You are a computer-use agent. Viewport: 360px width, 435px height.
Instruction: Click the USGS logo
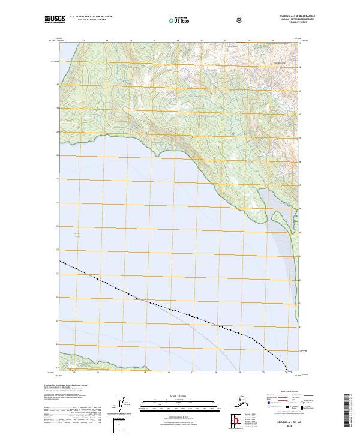click(54, 20)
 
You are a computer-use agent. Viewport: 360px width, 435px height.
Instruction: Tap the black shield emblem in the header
click(240, 20)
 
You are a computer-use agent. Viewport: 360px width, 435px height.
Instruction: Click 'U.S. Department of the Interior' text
click(90, 17)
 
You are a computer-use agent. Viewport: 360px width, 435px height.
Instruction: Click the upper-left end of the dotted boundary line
click(61, 261)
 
